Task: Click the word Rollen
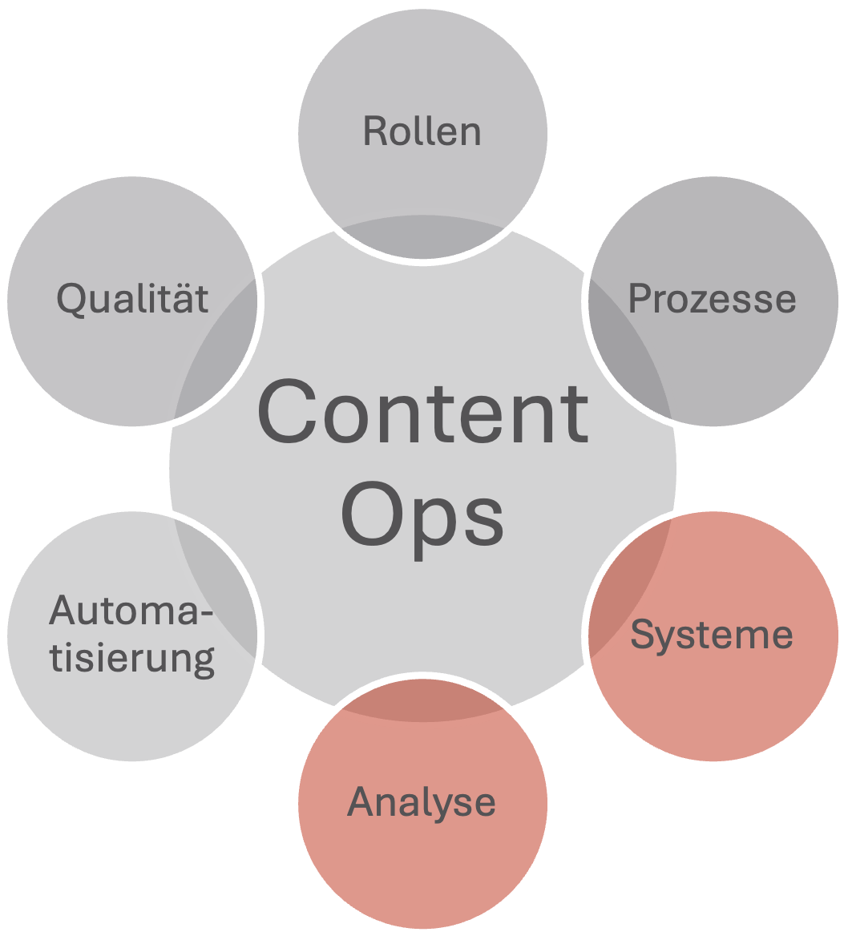(x=422, y=131)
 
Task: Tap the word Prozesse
(x=712, y=298)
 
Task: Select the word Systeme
(x=712, y=635)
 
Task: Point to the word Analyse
(x=422, y=802)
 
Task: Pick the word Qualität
(x=133, y=299)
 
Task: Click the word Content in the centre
(x=422, y=414)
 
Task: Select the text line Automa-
(x=132, y=611)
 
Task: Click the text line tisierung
(x=132, y=658)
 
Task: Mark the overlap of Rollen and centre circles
(x=422, y=236)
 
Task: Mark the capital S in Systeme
(x=643, y=635)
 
